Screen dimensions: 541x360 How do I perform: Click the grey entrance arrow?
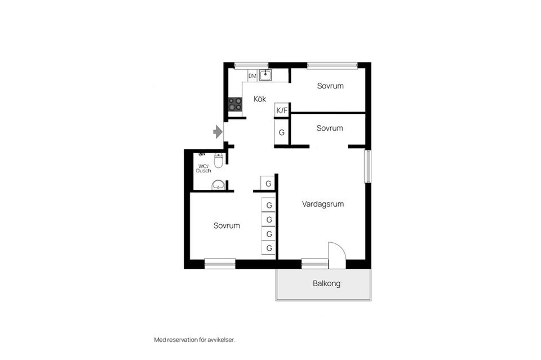click(218, 132)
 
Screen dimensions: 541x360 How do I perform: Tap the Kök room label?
click(260, 99)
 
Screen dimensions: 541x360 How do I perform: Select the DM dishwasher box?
click(252, 75)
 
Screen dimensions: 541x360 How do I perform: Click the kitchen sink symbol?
click(265, 75)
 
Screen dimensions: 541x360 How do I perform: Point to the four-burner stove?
click(236, 104)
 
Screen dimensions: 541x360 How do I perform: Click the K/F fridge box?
click(282, 110)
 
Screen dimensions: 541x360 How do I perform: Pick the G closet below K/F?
click(282, 132)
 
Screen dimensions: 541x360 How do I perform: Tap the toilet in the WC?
click(219, 160)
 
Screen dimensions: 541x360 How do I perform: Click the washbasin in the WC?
click(218, 185)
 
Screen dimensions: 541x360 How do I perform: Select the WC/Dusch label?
click(203, 168)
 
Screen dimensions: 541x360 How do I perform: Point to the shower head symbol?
click(202, 154)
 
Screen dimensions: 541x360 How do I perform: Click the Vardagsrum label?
click(323, 204)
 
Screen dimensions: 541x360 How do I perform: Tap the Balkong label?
click(327, 283)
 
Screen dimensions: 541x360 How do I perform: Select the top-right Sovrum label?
click(330, 86)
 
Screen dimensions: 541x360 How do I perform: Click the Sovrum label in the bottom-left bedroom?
click(227, 225)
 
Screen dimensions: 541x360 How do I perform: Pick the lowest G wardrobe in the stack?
click(269, 248)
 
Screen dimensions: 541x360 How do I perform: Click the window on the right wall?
click(368, 166)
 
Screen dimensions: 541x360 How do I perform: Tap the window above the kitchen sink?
click(251, 65)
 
